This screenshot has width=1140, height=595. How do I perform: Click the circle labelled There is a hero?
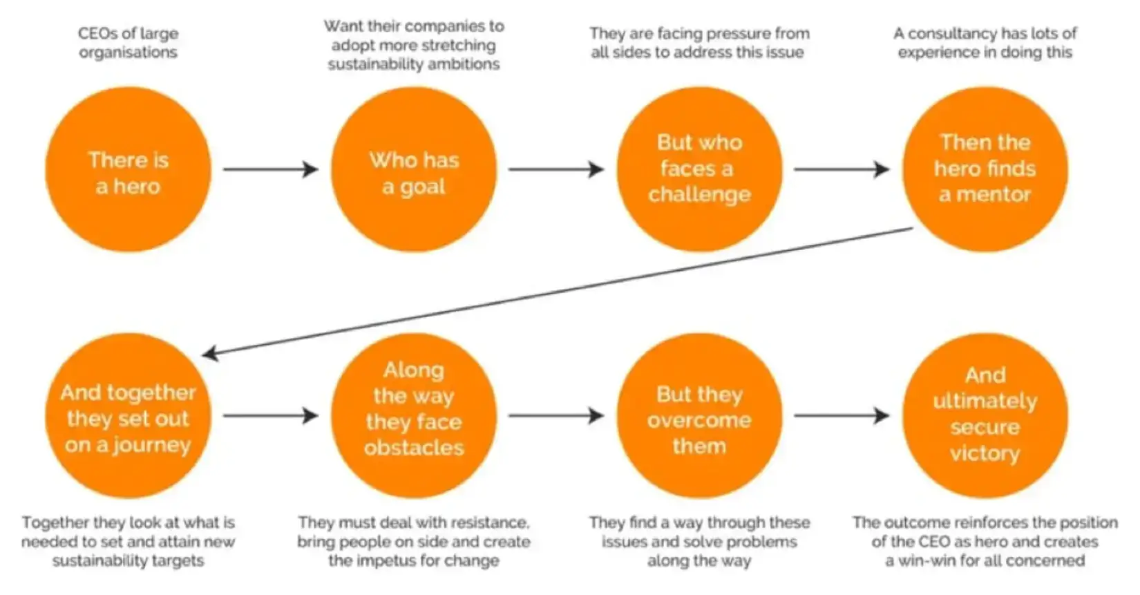pos(128,169)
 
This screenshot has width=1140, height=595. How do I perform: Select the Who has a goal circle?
pos(413,169)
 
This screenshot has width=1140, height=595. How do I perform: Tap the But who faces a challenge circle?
pos(699,169)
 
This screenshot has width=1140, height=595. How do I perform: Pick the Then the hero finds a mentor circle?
pos(985,169)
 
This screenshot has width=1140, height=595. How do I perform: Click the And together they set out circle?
pos(128,416)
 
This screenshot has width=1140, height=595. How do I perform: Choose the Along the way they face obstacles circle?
pos(413,416)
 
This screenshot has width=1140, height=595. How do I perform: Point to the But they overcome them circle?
pos(699,416)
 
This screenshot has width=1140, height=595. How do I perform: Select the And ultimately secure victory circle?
pos(985,416)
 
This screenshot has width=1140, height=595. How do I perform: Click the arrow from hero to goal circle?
pos(270,169)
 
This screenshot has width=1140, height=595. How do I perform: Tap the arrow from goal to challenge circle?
pos(555,169)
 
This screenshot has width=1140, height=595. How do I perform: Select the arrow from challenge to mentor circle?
pos(841,169)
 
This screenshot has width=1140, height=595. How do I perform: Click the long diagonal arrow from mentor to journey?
pos(556,292)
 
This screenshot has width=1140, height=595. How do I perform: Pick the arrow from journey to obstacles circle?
pos(270,416)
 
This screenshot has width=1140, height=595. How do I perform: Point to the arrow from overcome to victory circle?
pos(841,416)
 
